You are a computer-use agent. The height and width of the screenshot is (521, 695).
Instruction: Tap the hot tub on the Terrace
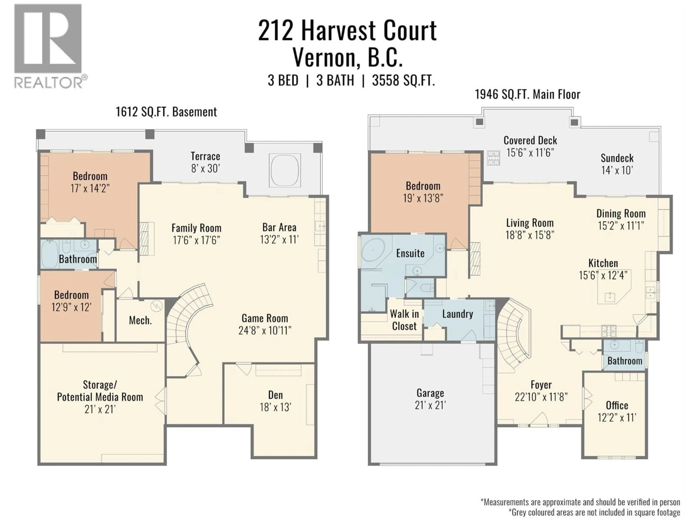pyautogui.click(x=285, y=170)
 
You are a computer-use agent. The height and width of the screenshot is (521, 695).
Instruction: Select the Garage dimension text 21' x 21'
pyautogui.click(x=430, y=405)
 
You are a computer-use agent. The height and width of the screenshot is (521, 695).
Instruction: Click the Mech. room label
pyautogui.click(x=140, y=320)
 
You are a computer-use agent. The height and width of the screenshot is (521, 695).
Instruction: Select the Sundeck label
pyautogui.click(x=617, y=158)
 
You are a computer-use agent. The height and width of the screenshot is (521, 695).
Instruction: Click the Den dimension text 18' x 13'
pyautogui.click(x=275, y=407)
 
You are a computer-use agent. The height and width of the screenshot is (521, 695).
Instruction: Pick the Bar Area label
pyautogui.click(x=279, y=227)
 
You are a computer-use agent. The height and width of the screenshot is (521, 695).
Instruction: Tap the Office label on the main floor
pyautogui.click(x=617, y=405)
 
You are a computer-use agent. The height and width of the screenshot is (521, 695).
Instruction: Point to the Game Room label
pyautogui.click(x=265, y=318)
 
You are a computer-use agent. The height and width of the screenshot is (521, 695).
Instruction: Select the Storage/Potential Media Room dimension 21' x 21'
pyautogui.click(x=100, y=410)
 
